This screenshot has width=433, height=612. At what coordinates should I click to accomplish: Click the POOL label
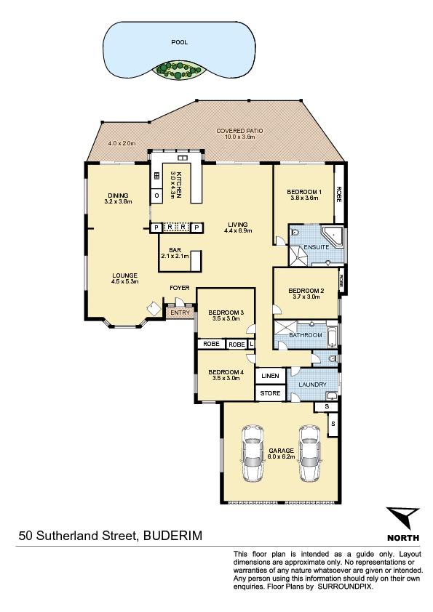click(x=179, y=41)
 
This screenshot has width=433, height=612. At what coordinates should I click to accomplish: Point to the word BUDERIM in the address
click(x=173, y=535)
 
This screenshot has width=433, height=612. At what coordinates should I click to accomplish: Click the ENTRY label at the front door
click(x=180, y=313)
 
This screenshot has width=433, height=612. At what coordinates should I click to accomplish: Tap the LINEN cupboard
click(x=271, y=376)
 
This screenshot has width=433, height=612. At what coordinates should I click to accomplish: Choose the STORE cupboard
click(x=271, y=393)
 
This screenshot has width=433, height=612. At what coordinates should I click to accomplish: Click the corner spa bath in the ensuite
click(x=333, y=236)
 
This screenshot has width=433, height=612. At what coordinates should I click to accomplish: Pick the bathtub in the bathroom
click(x=332, y=334)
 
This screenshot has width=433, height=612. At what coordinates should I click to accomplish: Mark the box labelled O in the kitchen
click(x=156, y=196)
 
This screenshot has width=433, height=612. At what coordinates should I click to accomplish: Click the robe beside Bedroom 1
click(x=339, y=193)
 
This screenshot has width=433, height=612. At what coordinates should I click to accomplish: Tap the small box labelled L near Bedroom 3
click(x=251, y=345)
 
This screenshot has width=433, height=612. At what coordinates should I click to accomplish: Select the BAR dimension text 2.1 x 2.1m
click(x=175, y=257)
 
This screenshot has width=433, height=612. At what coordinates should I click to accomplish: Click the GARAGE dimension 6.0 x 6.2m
click(x=282, y=456)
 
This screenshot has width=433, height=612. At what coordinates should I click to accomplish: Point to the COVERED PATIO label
click(x=239, y=131)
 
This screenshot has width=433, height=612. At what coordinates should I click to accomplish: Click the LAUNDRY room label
click(x=313, y=384)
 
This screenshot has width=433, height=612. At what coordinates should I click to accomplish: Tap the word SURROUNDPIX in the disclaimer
click(x=345, y=587)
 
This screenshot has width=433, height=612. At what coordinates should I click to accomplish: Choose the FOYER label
click(x=179, y=288)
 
